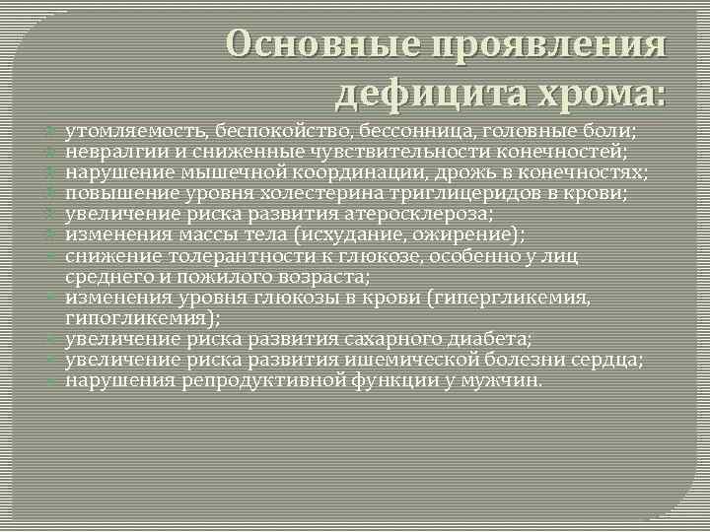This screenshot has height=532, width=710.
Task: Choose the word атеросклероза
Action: [401, 213]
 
